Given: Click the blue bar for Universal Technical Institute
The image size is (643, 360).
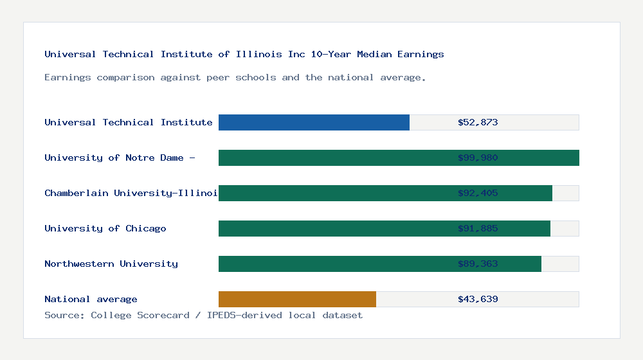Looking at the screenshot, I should (x=314, y=122).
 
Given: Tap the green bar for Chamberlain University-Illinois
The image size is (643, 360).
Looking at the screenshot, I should (x=334, y=193).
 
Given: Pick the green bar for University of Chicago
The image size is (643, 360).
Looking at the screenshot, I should (x=334, y=228).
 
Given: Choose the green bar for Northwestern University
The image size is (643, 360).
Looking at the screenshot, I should (x=334, y=264).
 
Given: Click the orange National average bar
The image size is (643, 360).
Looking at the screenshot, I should (x=297, y=299).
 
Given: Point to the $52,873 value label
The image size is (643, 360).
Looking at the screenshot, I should (x=478, y=122).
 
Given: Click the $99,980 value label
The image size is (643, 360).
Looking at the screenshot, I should (x=478, y=157).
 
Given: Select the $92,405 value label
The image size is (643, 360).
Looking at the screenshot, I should (x=478, y=193).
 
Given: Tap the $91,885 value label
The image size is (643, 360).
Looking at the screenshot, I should (x=478, y=228).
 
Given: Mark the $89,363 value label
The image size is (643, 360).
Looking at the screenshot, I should (x=478, y=264).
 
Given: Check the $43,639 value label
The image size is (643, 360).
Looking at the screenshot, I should (x=478, y=299).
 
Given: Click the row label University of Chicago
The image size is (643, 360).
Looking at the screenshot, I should (x=105, y=228).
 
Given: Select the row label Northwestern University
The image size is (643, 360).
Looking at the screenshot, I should (x=111, y=264).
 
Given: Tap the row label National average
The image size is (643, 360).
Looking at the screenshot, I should (x=91, y=299).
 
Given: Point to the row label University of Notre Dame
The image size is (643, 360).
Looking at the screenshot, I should (x=120, y=157).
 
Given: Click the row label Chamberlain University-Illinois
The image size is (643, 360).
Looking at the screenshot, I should (x=131, y=193).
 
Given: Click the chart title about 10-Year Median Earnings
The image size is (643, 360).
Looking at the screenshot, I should (x=244, y=54).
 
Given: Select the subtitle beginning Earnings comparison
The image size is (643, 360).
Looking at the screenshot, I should (x=235, y=77).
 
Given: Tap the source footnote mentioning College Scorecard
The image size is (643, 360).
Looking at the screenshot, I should (x=203, y=315).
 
